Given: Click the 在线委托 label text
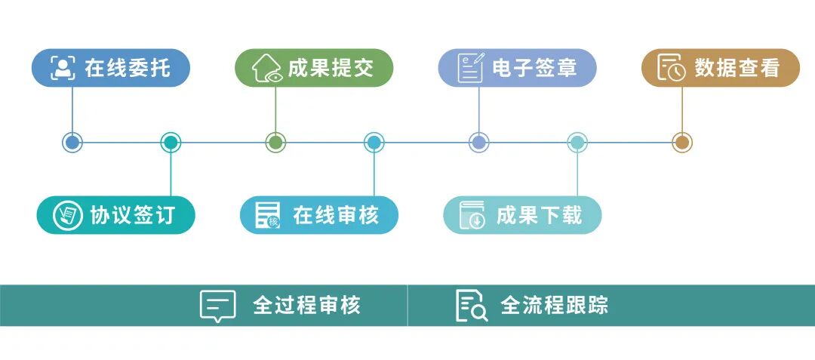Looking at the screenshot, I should point(127,68).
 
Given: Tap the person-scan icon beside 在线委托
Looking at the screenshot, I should point(63,68).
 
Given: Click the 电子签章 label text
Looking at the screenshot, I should point(534,68).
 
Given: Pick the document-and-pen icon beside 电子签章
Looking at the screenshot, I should point(471,68).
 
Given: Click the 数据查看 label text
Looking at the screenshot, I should point(737,68).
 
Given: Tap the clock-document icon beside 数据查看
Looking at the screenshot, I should point(671,68).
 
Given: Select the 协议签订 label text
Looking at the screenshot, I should point(132,215).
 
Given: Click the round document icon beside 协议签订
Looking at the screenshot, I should point(67,215).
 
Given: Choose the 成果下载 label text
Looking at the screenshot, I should point(539,215).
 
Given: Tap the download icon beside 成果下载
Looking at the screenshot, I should point(473,215).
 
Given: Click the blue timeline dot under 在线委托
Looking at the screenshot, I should point(72,142).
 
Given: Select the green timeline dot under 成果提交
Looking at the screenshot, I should point(275,142).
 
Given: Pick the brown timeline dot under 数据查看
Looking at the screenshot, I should point(681,142).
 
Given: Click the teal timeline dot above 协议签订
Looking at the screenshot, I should point(171,142).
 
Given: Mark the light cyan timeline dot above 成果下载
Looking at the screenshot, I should point(577,142).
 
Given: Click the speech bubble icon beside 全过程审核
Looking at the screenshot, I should point(217,306).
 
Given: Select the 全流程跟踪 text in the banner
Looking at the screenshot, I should point(555,306).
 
